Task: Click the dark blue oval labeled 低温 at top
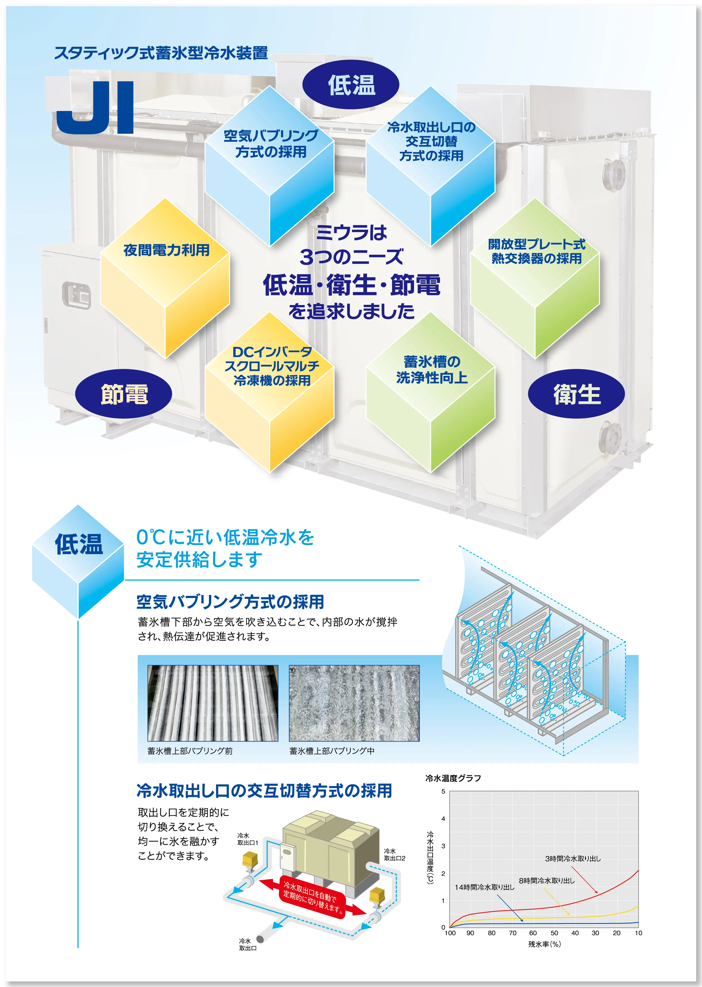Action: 351,85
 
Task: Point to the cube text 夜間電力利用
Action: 166,250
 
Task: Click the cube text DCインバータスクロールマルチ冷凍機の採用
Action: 272,366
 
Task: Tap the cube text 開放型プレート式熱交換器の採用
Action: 536,251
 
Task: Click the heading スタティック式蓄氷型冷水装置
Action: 161,53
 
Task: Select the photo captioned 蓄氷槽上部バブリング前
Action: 213,703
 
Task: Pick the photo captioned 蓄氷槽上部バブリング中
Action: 354,703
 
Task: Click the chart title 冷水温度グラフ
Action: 453,778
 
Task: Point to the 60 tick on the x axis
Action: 533,933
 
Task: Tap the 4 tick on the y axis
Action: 443,819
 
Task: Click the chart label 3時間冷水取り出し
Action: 573,859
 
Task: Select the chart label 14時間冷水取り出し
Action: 484,887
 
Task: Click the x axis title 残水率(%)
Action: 544,944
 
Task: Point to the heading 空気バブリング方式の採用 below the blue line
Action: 230,602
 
